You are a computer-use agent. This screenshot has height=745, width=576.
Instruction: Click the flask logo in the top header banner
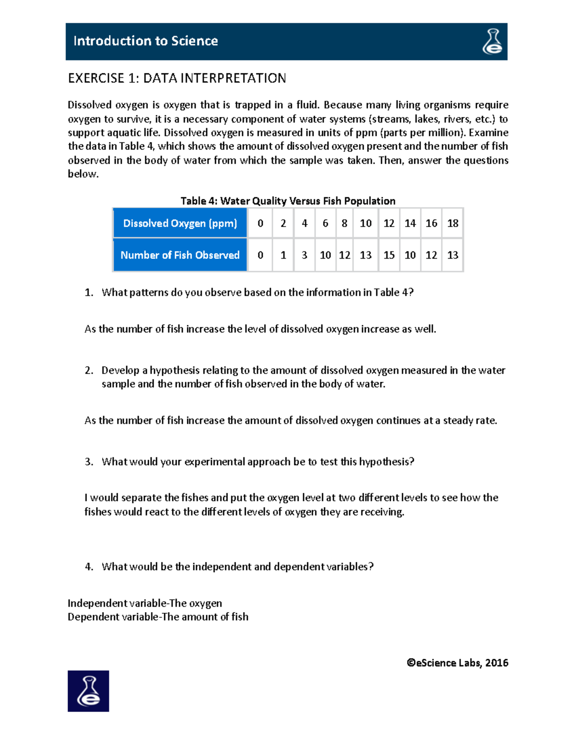(x=492, y=41)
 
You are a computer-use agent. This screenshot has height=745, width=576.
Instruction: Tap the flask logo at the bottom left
(x=88, y=691)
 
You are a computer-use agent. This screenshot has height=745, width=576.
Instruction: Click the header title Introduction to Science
(x=145, y=41)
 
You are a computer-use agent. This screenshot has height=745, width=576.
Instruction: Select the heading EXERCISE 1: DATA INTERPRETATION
(x=177, y=78)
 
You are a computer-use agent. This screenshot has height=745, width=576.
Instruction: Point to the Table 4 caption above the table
(x=288, y=201)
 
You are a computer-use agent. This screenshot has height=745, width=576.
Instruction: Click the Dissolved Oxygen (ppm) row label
(x=180, y=223)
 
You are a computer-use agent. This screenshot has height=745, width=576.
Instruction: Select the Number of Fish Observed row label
(x=180, y=255)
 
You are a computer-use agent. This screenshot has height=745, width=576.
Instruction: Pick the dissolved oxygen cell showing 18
(x=452, y=223)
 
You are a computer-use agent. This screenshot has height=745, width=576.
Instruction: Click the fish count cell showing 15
(x=389, y=255)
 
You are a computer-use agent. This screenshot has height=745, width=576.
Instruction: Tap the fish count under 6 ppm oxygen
(x=325, y=255)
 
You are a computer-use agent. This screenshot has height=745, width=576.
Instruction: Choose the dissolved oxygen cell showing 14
(x=410, y=223)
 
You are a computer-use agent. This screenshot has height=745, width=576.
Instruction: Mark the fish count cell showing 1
(x=283, y=255)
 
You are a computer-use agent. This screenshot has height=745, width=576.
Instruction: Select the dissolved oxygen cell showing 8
(x=344, y=223)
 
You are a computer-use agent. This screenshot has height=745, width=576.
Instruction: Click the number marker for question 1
(x=89, y=293)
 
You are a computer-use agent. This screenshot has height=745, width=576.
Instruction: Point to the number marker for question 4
(x=89, y=567)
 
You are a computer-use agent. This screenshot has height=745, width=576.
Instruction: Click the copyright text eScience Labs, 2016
(x=457, y=663)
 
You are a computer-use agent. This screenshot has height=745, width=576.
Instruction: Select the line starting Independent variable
(x=144, y=603)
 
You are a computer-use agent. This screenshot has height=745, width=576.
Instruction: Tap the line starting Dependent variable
(x=158, y=617)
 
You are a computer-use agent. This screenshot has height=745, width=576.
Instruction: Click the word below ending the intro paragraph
(x=83, y=174)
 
